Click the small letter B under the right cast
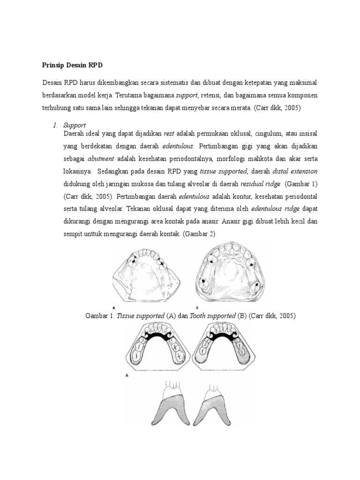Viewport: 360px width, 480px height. click(197, 307)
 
